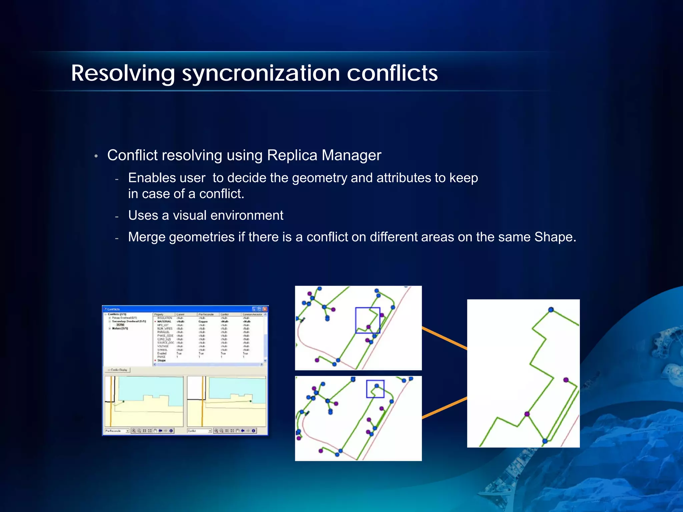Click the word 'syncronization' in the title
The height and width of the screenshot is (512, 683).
point(261,74)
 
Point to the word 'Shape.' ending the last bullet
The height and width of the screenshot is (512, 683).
point(555,237)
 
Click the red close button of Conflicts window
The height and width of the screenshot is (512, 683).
point(265,309)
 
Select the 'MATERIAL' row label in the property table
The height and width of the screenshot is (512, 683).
point(164,322)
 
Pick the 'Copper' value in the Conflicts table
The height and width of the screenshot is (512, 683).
point(203,322)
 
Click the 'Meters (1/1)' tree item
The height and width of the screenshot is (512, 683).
point(120,329)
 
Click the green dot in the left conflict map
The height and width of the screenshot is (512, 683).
point(123,402)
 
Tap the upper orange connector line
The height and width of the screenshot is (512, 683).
point(445,338)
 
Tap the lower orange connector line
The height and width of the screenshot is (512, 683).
point(445,407)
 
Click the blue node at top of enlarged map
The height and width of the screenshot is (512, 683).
point(551,310)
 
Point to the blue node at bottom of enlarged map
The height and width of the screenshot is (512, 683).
point(545,441)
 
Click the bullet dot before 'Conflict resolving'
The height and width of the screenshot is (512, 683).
point(96,156)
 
